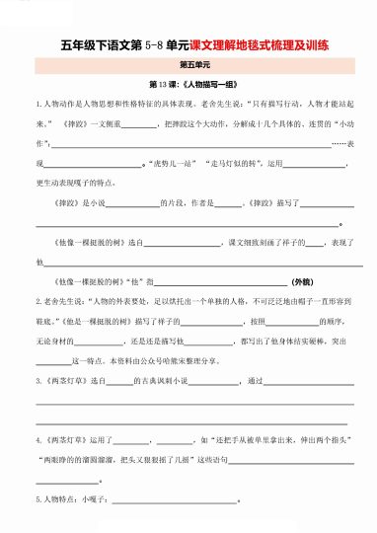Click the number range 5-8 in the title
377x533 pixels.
pyautogui.click(x=153, y=45)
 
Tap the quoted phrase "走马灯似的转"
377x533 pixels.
pyautogui.click(x=238, y=161)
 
